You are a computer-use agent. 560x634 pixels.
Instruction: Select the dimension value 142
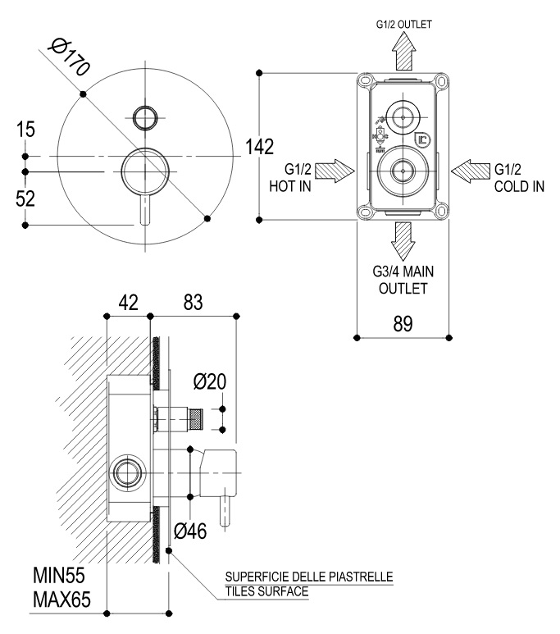click(259, 148)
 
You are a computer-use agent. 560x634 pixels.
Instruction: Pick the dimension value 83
click(193, 303)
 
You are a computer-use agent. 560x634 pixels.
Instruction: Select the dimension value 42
click(127, 303)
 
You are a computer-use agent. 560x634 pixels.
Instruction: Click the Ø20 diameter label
click(210, 381)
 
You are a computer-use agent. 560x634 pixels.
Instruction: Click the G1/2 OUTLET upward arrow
click(403, 55)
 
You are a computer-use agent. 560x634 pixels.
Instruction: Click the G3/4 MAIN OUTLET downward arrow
click(403, 239)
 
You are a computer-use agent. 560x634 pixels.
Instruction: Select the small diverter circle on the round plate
click(144, 116)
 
